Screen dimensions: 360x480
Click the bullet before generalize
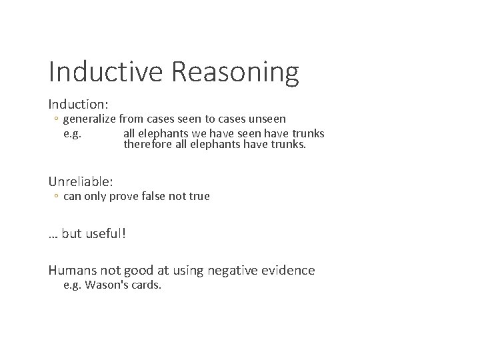click(x=57, y=119)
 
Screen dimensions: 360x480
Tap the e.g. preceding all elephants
click(x=73, y=132)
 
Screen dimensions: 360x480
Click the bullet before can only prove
click(x=57, y=196)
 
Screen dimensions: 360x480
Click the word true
click(x=199, y=196)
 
